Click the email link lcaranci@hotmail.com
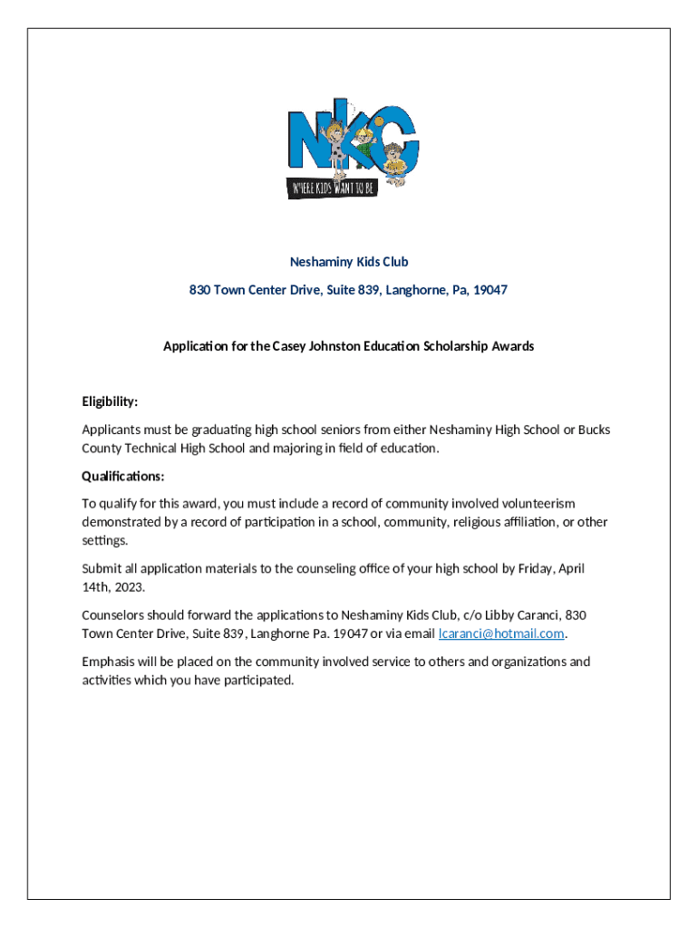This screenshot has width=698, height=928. (501, 633)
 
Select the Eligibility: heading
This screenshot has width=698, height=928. (110, 401)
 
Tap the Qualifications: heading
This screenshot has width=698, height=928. (122, 476)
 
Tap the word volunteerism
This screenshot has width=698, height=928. (537, 503)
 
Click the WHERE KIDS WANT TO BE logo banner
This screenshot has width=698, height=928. (332, 188)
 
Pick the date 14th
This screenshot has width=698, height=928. (94, 586)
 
